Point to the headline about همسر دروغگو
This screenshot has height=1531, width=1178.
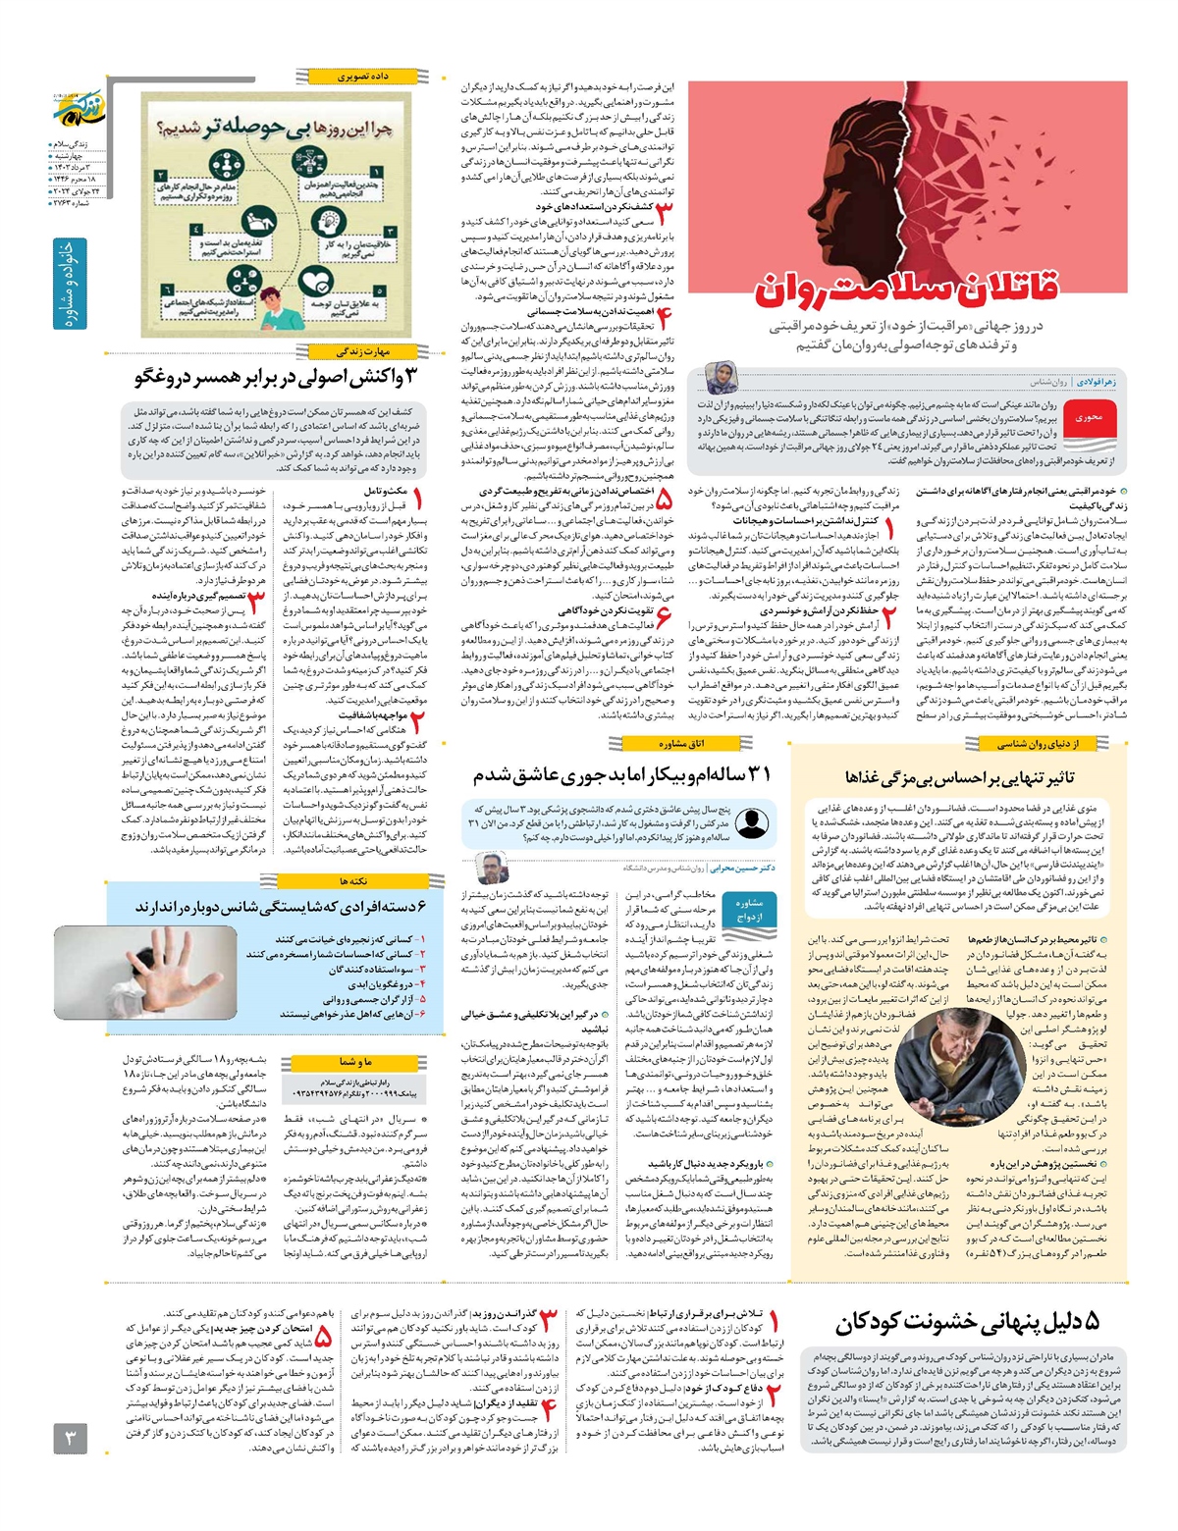275,376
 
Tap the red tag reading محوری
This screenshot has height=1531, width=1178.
1090,417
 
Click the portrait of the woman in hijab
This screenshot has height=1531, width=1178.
721,378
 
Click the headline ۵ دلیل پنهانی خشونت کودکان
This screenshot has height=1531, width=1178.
966,1322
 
